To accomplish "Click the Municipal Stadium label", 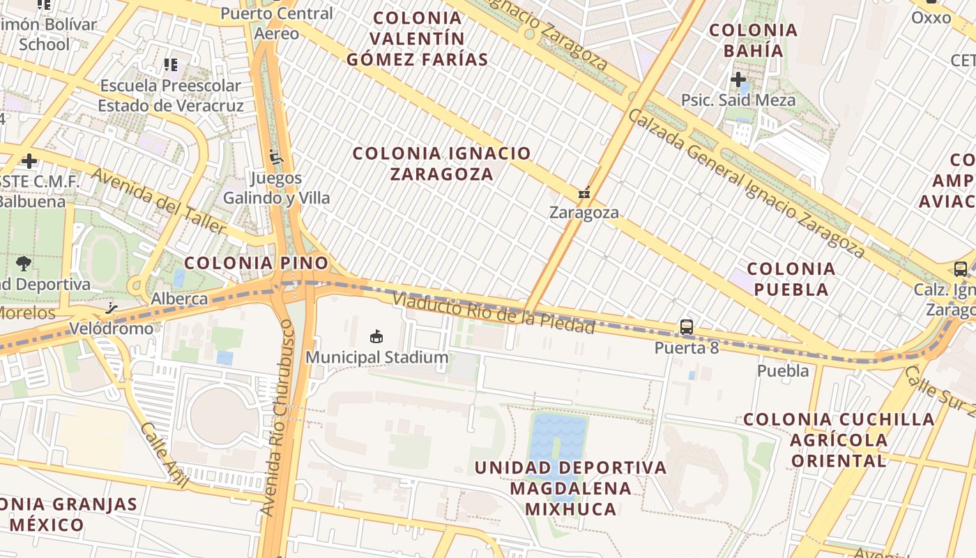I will tap(377, 358).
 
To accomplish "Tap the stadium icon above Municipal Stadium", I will tap(376, 337).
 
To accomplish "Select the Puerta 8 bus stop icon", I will tap(687, 326).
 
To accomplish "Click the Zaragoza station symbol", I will tap(584, 193).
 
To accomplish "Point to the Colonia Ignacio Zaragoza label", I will tap(442, 163).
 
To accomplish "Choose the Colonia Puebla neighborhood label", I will tap(791, 279).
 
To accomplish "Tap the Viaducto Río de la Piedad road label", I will tap(494, 313).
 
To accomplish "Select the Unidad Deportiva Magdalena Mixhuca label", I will tap(570, 488).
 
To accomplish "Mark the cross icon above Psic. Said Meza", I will tap(738, 80).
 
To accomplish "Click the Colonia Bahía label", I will tap(753, 40).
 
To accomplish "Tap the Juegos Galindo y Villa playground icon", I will tap(277, 157).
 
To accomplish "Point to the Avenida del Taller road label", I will tap(159, 202).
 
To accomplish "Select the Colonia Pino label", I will tap(256, 263).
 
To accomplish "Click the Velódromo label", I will tap(111, 329).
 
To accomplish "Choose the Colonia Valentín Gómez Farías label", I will tap(418, 38).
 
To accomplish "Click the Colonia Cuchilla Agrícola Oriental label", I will tap(839, 439).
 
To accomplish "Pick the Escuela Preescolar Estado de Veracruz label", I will tap(171, 96).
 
